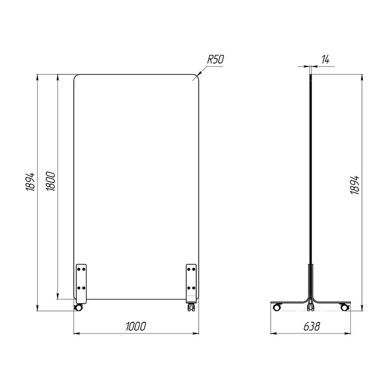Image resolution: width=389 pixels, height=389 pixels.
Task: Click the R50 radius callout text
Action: pyautogui.click(x=215, y=59)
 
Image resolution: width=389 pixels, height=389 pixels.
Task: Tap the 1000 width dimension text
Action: pyautogui.click(x=136, y=326)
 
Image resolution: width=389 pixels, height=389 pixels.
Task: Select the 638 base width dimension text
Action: pyautogui.click(x=312, y=326)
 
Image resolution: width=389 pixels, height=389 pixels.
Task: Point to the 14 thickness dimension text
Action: pyautogui.click(x=325, y=60)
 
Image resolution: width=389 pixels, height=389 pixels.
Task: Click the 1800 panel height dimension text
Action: pyautogui.click(x=51, y=181)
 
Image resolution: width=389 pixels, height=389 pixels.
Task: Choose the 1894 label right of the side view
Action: pyautogui.click(x=355, y=185)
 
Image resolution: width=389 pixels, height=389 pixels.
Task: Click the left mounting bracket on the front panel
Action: pyautogui.click(x=81, y=284)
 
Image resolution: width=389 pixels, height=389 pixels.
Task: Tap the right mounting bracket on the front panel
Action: pyautogui.click(x=191, y=284)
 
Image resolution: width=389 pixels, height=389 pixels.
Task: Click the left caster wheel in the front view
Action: pyautogui.click(x=78, y=308)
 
